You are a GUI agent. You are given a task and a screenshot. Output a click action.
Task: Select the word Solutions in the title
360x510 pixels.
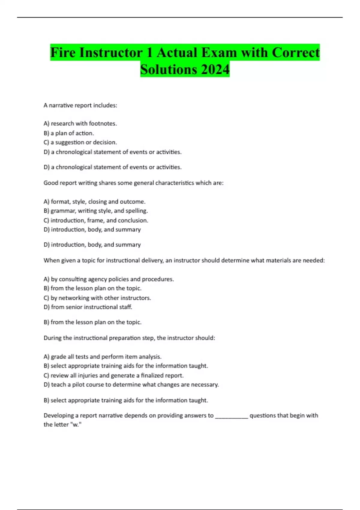(169, 70)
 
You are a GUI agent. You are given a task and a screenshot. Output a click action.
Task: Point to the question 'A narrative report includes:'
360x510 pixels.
(80, 105)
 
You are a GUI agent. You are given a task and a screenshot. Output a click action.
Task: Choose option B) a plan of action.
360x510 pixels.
(69, 133)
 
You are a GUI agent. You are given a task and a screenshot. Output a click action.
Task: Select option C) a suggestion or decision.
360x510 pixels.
(80, 142)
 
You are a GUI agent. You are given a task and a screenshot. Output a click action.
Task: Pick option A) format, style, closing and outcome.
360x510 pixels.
(94, 202)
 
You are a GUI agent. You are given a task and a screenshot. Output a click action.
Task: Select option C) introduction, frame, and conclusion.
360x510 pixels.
(96, 220)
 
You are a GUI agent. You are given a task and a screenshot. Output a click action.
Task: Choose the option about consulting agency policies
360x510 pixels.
(109, 279)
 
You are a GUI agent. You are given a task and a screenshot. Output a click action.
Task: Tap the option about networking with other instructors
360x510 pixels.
(97, 298)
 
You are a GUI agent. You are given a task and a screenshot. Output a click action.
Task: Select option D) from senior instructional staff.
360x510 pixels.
(88, 307)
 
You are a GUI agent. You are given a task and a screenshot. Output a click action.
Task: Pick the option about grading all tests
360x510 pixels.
(103, 357)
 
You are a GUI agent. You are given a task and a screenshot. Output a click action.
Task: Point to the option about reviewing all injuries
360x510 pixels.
(113, 375)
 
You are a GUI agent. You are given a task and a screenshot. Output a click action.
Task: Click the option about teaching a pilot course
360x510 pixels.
(131, 385)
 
